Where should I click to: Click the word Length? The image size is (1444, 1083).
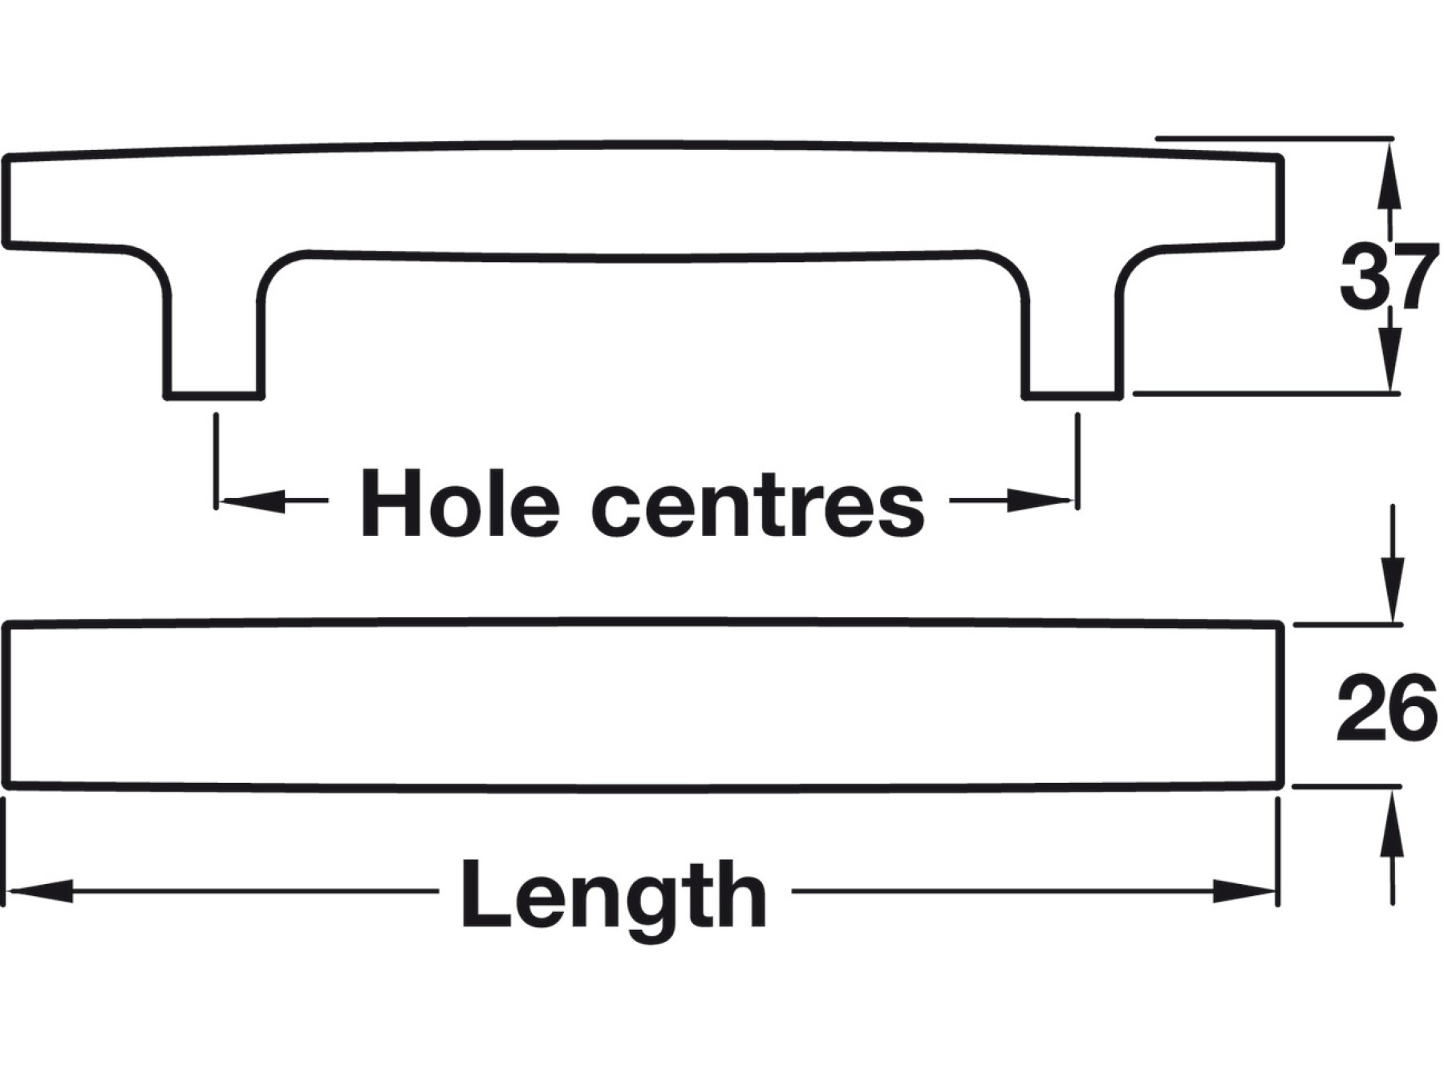tap(614, 894)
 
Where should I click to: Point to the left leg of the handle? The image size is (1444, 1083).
tap(214, 337)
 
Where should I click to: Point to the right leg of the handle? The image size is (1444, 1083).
tap(1073, 337)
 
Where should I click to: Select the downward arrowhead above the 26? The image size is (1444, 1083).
tap(1393, 594)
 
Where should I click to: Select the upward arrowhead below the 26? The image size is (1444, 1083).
tap(1393, 818)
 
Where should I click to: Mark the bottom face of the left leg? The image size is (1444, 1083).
tap(214, 395)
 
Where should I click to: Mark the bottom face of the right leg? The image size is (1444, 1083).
tap(1073, 395)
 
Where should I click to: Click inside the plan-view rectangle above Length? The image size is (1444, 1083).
tap(642, 704)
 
